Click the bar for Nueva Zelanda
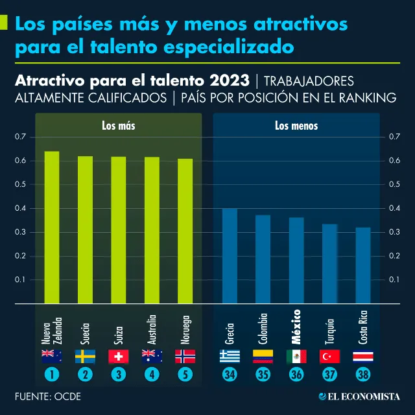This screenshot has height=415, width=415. [51, 227]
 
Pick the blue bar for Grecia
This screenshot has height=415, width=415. [230, 256]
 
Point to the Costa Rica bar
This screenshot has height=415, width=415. [363, 266]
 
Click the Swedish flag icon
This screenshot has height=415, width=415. [85, 356]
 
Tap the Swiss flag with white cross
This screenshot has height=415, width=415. [119, 356]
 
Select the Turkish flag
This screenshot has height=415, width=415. [330, 356]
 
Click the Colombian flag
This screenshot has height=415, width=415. [263, 356]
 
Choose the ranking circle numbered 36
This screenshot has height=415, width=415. [296, 375]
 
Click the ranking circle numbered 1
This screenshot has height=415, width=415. [51, 375]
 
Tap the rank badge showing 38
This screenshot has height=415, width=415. [363, 375]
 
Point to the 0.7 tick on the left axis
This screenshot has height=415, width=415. [19, 137]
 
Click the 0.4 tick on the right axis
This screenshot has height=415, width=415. [394, 208]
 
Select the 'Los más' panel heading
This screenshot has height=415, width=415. [119, 126]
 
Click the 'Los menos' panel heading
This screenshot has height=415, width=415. [296, 126]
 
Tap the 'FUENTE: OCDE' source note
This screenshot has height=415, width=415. [49, 396]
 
